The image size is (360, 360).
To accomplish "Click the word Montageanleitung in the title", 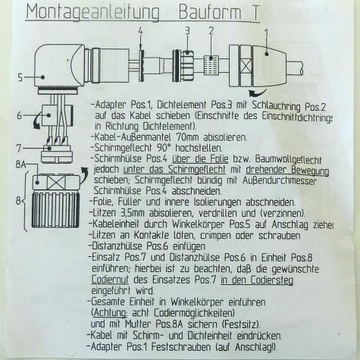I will pyautogui.click(x=90, y=13).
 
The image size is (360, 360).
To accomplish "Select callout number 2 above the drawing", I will pyautogui.click(x=211, y=30).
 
